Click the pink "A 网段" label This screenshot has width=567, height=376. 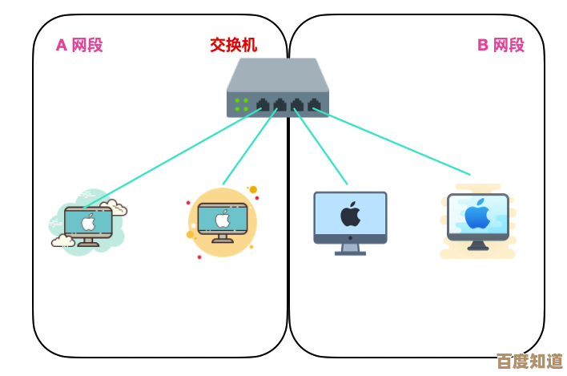(78, 45)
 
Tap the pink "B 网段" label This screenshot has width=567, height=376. (501, 45)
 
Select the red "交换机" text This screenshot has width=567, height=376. (234, 45)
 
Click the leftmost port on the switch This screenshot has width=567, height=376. (263, 104)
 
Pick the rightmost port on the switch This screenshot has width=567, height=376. (314, 104)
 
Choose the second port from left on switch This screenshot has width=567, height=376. (279, 104)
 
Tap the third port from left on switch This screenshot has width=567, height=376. (297, 104)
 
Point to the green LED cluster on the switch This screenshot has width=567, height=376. (241, 104)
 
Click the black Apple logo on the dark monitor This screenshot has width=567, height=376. (350, 215)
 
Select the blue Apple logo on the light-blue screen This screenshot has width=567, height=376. (478, 215)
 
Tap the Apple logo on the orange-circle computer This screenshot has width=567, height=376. (223, 220)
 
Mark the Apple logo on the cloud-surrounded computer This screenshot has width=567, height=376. (88, 222)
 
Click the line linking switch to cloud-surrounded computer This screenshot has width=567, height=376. (172, 156)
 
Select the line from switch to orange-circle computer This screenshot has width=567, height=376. (249, 148)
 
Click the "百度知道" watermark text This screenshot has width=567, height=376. (529, 361)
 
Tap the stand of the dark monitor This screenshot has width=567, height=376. (350, 249)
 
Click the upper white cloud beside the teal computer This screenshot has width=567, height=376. (115, 208)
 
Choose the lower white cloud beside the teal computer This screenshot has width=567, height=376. (62, 240)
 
